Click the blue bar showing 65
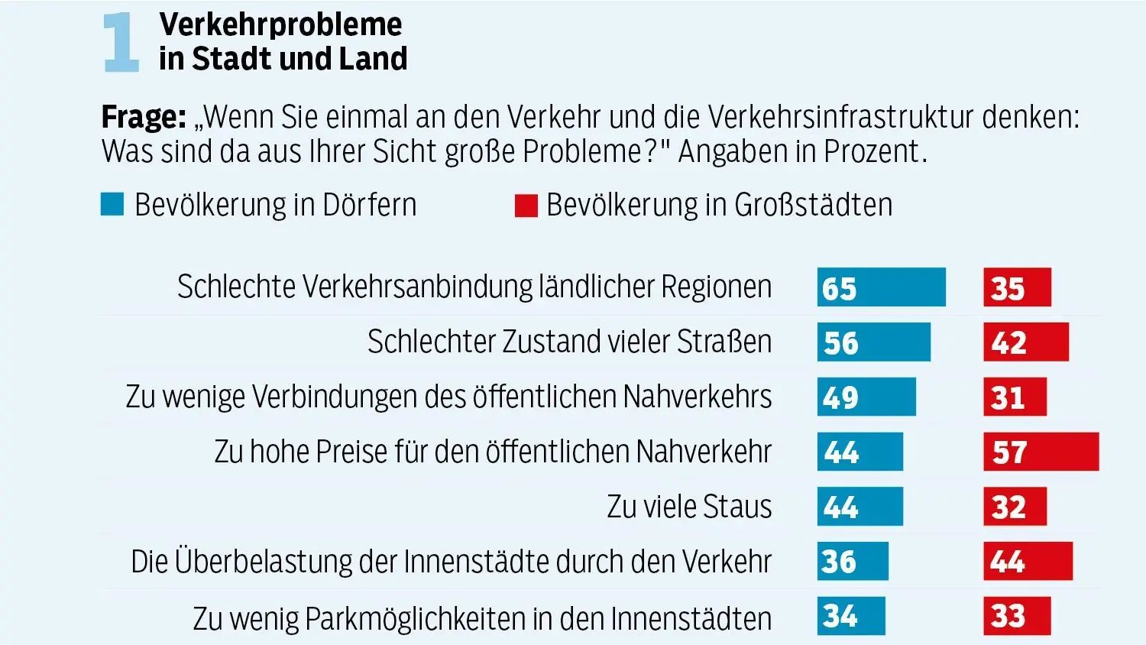click(881, 287)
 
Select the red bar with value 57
click(1041, 452)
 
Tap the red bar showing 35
click(1017, 287)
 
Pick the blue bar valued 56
click(873, 342)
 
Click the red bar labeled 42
click(1025, 342)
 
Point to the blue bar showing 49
click(866, 397)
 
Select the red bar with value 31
click(1015, 397)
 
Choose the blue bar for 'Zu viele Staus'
click(859, 506)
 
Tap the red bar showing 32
click(1015, 506)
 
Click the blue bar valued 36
click(853, 561)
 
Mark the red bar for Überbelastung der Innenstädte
click(1028, 561)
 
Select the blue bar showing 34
click(851, 616)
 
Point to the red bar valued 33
click(1017, 616)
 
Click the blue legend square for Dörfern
click(112, 205)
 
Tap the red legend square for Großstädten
click(526, 206)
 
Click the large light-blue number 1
click(121, 43)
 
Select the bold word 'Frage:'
click(144, 118)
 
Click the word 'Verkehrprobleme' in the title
click(280, 24)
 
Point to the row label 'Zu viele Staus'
click(689, 507)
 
